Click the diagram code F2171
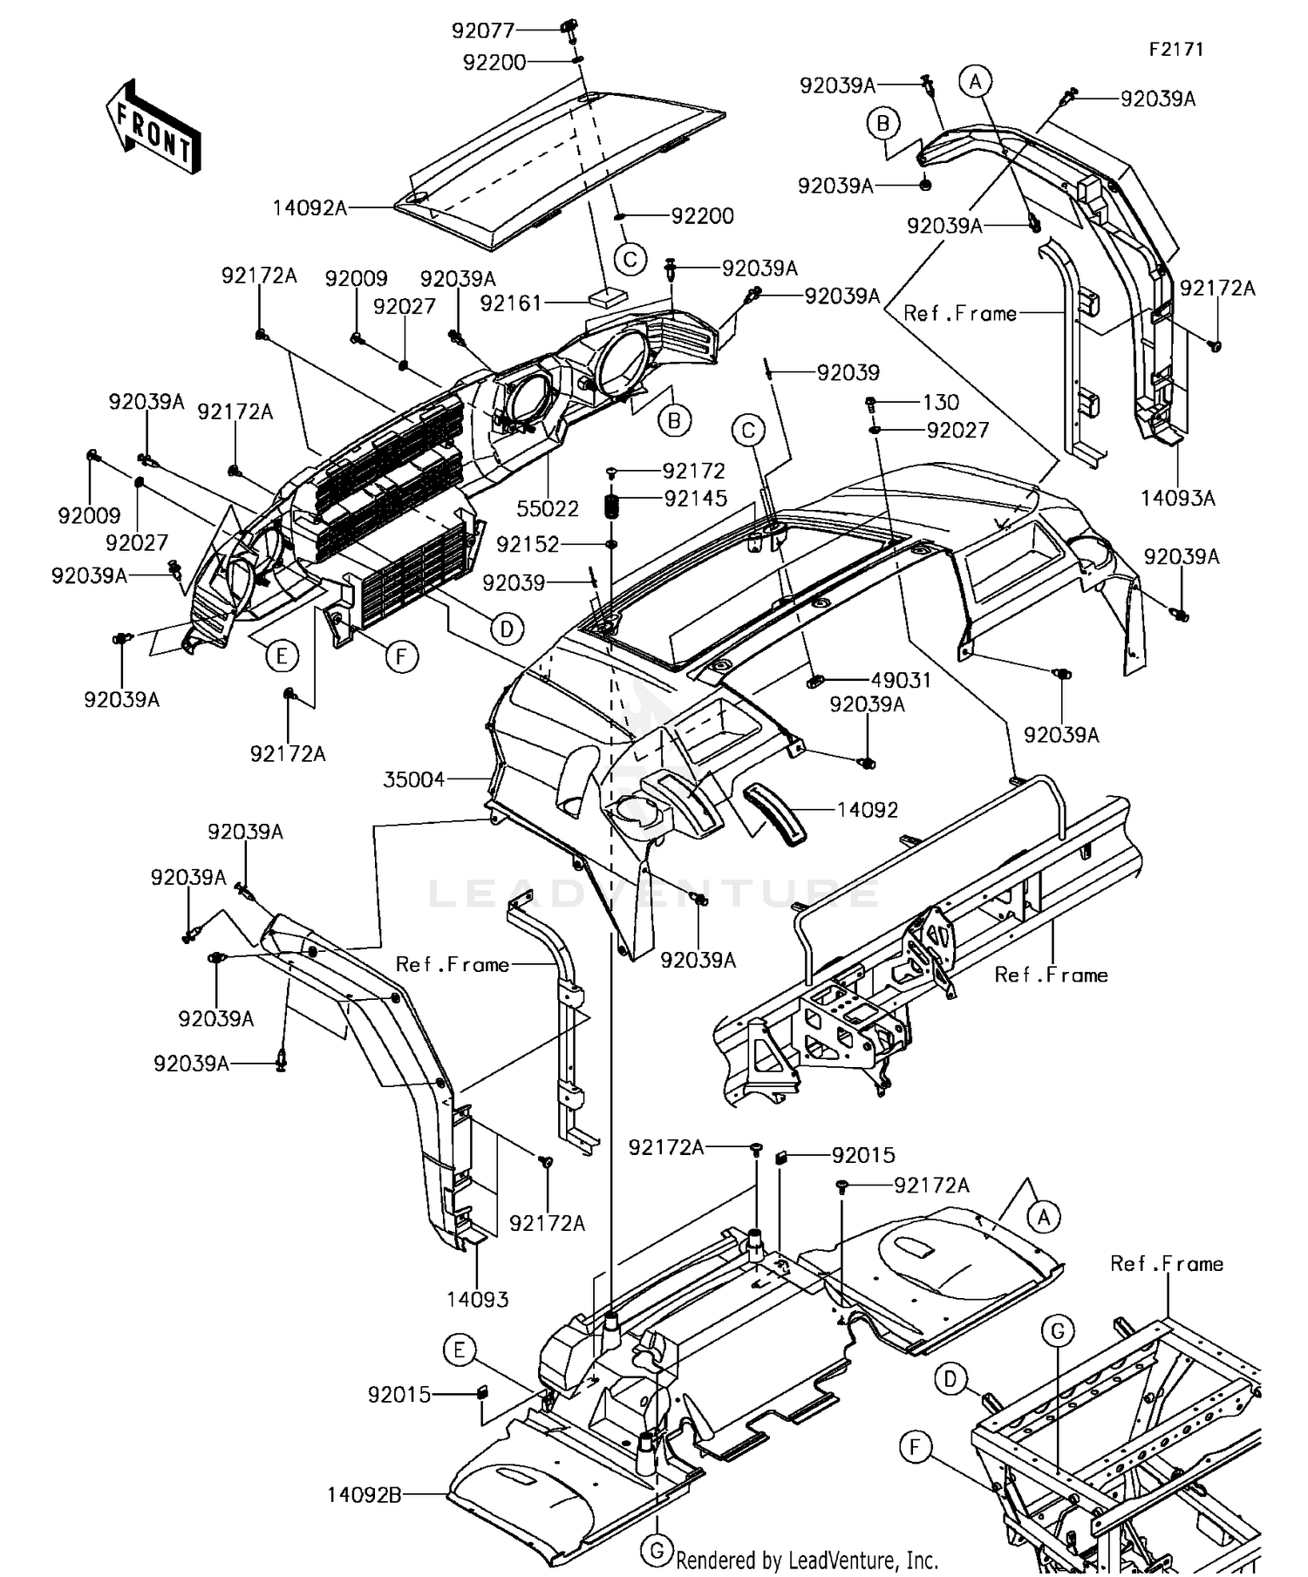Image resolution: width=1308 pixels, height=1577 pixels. point(1175,50)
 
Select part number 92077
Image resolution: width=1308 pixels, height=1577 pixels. point(483,31)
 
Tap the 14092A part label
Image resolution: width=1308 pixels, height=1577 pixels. point(310,207)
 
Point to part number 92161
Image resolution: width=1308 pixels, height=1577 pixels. point(511,303)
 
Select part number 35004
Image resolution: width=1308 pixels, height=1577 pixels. point(414,779)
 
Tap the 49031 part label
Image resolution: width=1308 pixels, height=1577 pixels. point(901,680)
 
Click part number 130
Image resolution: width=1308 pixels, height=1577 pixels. point(941,403)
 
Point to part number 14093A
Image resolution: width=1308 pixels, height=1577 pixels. point(1178,498)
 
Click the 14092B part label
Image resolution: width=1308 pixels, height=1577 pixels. point(364,1495)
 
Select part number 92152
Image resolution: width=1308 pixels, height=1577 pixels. point(528,544)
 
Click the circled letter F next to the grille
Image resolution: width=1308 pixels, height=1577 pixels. point(401,656)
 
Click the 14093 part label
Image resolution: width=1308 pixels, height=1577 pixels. point(477,1299)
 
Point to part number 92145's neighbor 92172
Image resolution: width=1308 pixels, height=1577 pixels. point(694,471)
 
